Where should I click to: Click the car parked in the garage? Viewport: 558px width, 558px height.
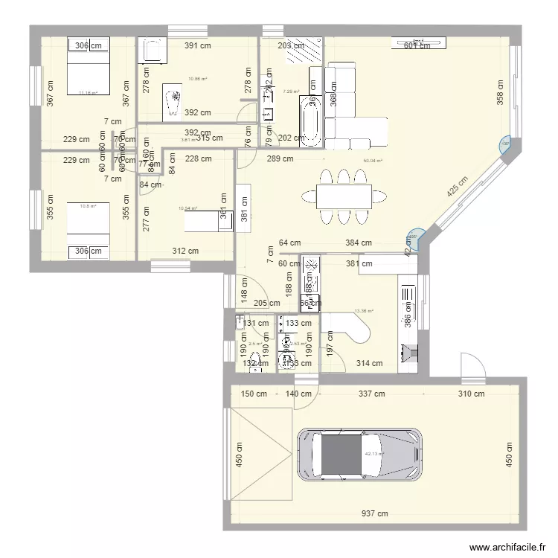[359, 454]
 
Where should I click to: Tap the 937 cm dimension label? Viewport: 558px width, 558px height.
[376, 513]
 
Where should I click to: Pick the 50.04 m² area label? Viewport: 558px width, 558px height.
[372, 161]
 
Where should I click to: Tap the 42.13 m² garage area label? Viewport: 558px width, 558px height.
[373, 454]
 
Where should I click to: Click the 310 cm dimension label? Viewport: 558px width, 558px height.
[472, 394]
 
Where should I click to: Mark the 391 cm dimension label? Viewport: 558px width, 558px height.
[198, 46]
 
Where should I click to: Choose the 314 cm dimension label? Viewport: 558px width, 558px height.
[369, 364]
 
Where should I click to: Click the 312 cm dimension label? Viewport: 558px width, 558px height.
[185, 251]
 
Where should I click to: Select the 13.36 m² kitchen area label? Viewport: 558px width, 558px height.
[364, 311]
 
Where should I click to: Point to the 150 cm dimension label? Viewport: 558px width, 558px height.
[253, 394]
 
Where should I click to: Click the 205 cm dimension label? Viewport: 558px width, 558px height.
[266, 303]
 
